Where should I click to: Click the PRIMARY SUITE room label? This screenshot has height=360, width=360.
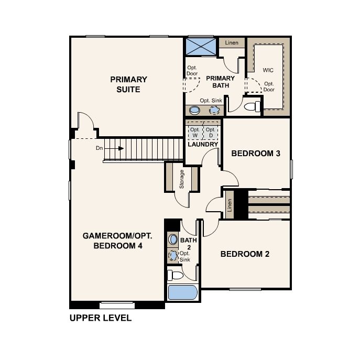[128, 84]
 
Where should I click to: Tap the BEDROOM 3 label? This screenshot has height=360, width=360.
[256, 154]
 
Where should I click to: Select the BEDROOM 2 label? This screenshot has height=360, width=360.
[245, 254]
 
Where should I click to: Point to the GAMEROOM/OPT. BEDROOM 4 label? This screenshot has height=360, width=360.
[117, 241]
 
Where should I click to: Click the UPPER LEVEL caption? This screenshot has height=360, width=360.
[101, 318]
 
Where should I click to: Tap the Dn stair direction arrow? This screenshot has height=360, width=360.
[114, 148]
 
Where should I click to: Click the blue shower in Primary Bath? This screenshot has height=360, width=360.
[201, 47]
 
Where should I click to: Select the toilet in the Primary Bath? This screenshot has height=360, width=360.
[252, 106]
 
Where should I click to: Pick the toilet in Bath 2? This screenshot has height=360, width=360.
[175, 275]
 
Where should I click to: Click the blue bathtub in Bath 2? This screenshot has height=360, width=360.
[183, 292]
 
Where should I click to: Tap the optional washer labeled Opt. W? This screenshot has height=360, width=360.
[195, 133]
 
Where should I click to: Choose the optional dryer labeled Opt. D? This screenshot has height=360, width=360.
[211, 133]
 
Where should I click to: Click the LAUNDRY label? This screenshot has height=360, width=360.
[203, 144]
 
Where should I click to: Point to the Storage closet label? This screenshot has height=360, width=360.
[182, 179]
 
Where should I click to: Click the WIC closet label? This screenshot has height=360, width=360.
[268, 70]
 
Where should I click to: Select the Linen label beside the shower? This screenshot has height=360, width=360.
[232, 42]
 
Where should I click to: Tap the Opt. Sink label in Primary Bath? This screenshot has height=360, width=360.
[211, 101]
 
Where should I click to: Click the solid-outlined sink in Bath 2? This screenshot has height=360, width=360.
[173, 239]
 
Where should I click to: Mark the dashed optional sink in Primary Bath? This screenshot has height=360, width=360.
[214, 111]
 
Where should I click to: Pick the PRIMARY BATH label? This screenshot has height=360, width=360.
[221, 82]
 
